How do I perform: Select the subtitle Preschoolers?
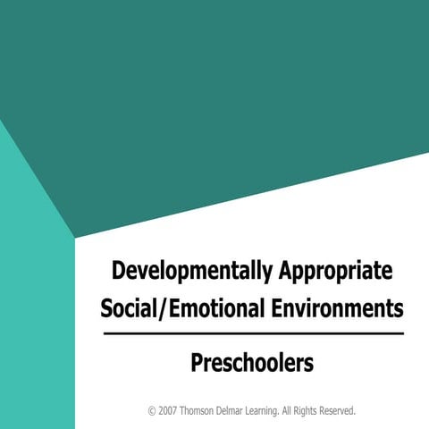coord(252,364)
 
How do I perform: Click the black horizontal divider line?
coord(253,333)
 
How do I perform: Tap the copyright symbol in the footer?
coord(152,411)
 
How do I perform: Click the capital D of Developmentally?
coord(119,271)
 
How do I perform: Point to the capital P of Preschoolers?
coord(197,364)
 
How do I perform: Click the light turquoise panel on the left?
coord(36,313)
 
